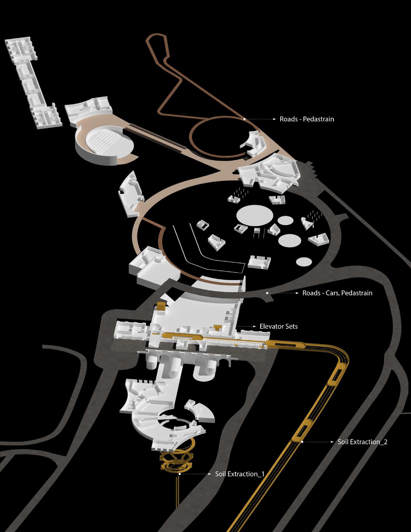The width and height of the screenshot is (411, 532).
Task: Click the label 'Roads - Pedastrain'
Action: tap(307, 119)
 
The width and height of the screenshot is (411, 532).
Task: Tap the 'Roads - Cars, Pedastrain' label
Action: tap(337, 293)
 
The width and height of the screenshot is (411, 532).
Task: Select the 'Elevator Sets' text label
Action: tap(278, 326)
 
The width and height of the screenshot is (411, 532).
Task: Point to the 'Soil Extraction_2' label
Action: tap(362, 442)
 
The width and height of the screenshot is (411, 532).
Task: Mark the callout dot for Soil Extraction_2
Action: tap(302, 442)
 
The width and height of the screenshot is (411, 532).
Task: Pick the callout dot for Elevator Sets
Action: tap(225, 326)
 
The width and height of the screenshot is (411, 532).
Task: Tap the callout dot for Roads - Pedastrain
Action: tap(245, 119)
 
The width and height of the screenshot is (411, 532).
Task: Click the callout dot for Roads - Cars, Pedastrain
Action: tap(267, 293)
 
